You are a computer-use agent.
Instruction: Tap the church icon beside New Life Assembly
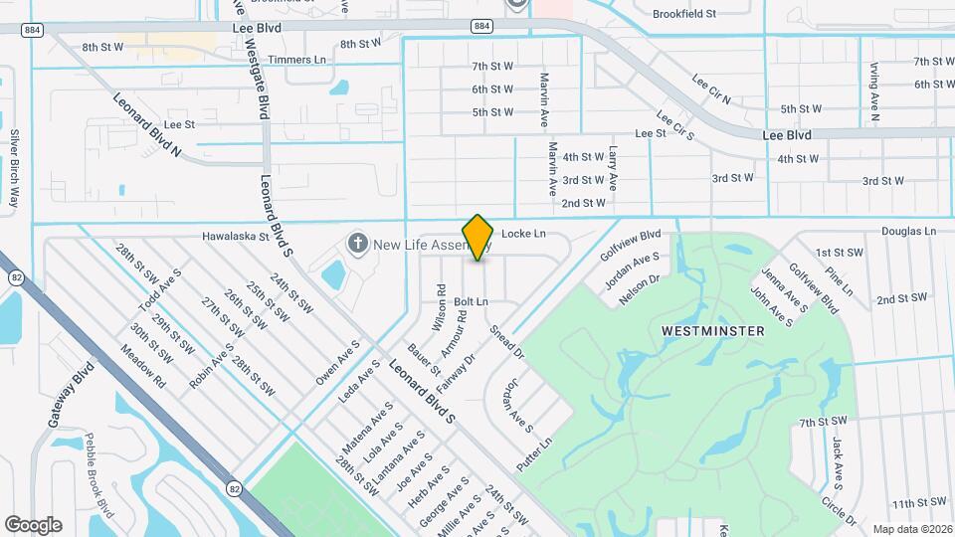click(356, 244)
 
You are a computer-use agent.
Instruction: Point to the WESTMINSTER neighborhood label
click(713, 330)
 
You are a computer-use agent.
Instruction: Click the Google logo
click(33, 524)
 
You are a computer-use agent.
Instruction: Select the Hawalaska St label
click(236, 238)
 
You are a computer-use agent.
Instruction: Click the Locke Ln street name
click(524, 234)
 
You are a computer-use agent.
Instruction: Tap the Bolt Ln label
click(472, 300)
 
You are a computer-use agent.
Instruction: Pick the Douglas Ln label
click(908, 231)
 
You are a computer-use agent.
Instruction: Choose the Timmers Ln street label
click(303, 60)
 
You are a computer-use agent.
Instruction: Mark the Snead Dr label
click(506, 340)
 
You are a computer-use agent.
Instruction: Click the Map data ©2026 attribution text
click(912, 529)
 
